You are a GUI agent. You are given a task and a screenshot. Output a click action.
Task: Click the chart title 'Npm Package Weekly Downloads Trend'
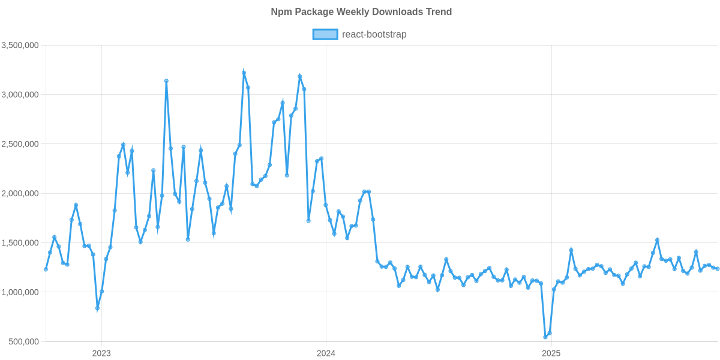pyautogui.click(x=360, y=12)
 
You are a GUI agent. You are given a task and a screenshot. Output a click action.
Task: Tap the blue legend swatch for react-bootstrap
pyautogui.click(x=325, y=35)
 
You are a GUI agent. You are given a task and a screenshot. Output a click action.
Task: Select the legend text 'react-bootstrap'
pyautogui.click(x=374, y=35)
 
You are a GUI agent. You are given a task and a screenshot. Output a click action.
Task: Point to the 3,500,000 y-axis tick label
pyautogui.click(x=20, y=46)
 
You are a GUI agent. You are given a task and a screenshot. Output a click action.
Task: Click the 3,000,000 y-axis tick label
pyautogui.click(x=20, y=95)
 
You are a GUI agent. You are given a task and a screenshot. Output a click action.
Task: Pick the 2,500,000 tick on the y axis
pyautogui.click(x=20, y=144)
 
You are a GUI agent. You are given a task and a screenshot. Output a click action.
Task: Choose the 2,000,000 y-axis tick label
pyautogui.click(x=20, y=194)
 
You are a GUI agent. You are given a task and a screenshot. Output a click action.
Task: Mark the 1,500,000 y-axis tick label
pyautogui.click(x=20, y=243)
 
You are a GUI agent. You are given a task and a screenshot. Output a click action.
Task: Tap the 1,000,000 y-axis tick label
pyautogui.click(x=20, y=292)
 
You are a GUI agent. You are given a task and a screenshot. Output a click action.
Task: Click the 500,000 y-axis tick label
pyautogui.click(x=25, y=341)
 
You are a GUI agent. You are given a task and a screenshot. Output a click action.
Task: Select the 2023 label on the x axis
pyautogui.click(x=101, y=353)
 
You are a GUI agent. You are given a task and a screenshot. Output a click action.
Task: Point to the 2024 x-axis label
pyautogui.click(x=326, y=353)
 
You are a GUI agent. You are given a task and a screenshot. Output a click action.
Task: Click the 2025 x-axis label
pyautogui.click(x=550, y=353)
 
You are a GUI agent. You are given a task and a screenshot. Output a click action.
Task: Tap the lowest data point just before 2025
pyautogui.click(x=545, y=337)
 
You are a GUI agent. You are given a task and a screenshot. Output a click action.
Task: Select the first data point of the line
pyautogui.click(x=46, y=269)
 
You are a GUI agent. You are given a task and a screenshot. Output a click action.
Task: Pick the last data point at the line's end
pyautogui.click(x=717, y=269)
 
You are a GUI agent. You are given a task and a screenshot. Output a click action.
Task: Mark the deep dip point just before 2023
pyautogui.click(x=97, y=308)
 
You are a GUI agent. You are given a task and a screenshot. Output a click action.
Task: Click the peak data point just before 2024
pyautogui.click(x=300, y=76)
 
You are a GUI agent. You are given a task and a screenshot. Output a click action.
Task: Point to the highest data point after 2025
pyautogui.click(x=657, y=240)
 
